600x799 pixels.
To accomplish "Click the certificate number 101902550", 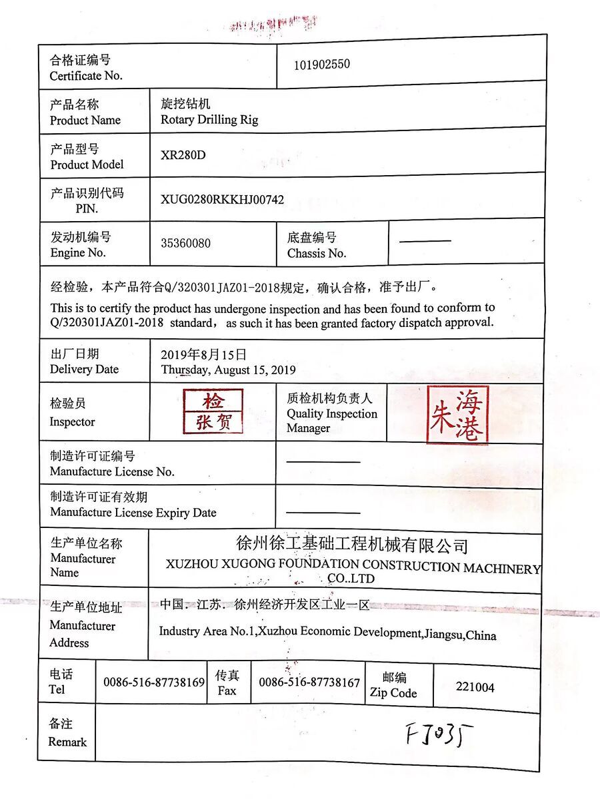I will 322,65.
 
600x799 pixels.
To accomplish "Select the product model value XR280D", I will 183,155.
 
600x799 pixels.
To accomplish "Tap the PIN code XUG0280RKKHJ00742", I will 222,200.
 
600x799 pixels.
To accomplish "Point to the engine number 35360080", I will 185,243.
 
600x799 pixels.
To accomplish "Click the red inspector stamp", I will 213,411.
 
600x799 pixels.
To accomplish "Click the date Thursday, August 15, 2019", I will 228,370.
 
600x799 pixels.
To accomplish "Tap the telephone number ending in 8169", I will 154,682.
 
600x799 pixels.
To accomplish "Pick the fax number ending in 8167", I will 309,682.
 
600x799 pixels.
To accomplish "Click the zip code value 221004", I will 475,687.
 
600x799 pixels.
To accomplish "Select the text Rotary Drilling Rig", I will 209,120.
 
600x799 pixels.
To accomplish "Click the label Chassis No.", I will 317,253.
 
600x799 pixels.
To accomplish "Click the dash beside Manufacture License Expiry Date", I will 323,512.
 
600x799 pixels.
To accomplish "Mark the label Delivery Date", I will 84,370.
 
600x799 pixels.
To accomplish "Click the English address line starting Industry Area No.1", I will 327,633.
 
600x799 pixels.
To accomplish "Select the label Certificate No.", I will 86,76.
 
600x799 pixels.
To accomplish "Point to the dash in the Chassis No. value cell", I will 425,241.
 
